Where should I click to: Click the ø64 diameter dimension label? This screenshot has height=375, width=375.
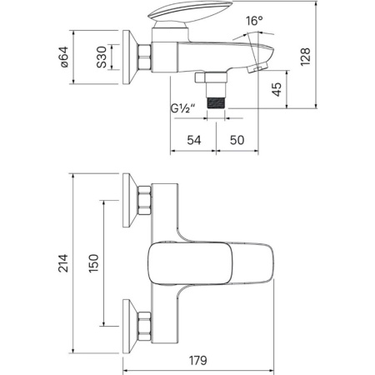pos(64,57)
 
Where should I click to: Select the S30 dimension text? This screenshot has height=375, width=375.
pos(102,57)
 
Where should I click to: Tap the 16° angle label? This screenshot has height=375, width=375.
pos(254,21)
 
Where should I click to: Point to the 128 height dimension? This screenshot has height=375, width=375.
pos(305,57)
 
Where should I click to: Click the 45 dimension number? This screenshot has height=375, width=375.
pos(277,89)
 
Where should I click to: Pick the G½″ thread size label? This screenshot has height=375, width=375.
pos(183,108)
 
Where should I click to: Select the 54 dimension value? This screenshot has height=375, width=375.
pos(194,140)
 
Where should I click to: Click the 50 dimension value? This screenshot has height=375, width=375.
pos(237,140)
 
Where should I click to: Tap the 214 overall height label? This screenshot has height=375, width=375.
pos(63,262)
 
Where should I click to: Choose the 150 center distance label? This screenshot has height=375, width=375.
pos(94,263)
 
